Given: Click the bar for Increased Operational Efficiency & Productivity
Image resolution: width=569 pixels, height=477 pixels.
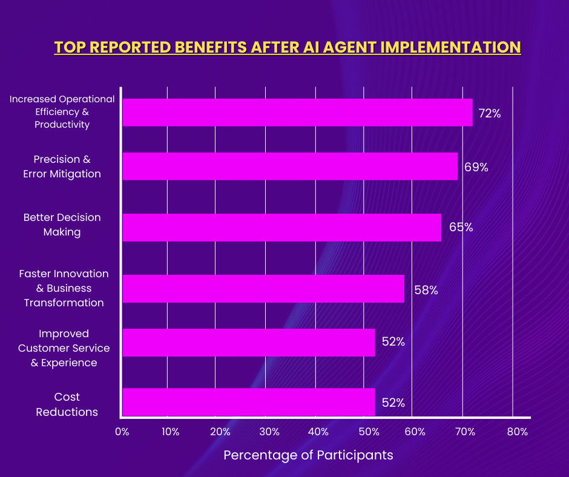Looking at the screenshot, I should [297, 113].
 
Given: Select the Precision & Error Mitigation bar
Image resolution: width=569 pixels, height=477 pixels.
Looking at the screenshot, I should [290, 166].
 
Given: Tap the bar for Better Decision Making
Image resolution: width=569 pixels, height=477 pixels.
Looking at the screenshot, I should [282, 228].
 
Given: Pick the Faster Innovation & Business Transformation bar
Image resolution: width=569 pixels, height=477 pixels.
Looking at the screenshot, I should [263, 289].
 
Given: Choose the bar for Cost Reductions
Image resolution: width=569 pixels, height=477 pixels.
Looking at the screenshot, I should [249, 402].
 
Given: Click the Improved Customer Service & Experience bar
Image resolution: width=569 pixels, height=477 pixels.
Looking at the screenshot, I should [249, 343].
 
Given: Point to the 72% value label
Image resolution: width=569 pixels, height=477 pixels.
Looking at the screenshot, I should [490, 113].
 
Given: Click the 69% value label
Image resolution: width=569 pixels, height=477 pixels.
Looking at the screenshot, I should [476, 167].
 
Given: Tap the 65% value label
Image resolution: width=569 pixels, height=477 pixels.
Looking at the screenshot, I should [461, 228].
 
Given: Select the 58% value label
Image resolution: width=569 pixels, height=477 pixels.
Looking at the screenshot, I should [426, 290].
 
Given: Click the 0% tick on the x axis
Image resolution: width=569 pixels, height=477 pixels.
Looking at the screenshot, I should [122, 432].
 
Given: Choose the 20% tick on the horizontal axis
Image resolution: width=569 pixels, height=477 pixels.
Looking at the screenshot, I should [220, 432].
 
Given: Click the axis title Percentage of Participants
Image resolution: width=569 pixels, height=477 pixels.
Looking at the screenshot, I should [308, 455].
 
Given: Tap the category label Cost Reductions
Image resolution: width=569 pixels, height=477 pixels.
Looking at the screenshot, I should [67, 404].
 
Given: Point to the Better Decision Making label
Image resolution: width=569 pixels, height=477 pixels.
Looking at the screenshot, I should [62, 225].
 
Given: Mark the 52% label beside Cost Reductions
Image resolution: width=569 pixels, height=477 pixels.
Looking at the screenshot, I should [393, 403].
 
